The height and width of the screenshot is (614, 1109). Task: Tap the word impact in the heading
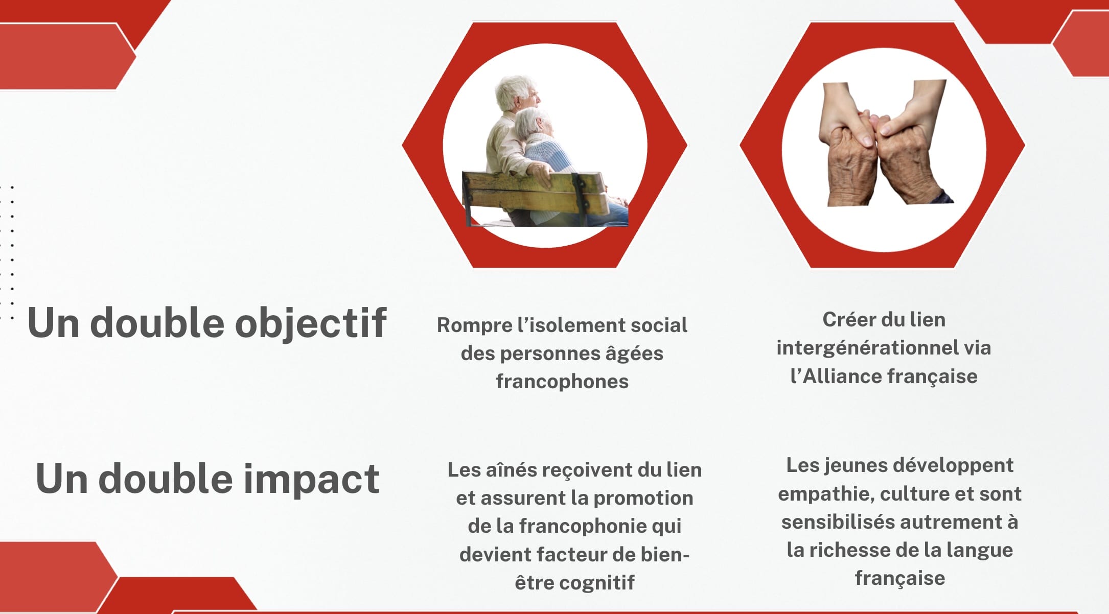coord(311,479)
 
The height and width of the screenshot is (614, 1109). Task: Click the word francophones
coord(562,381)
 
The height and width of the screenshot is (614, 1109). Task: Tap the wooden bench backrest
coord(534,195)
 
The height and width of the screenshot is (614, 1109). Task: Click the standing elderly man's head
coord(517,93)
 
